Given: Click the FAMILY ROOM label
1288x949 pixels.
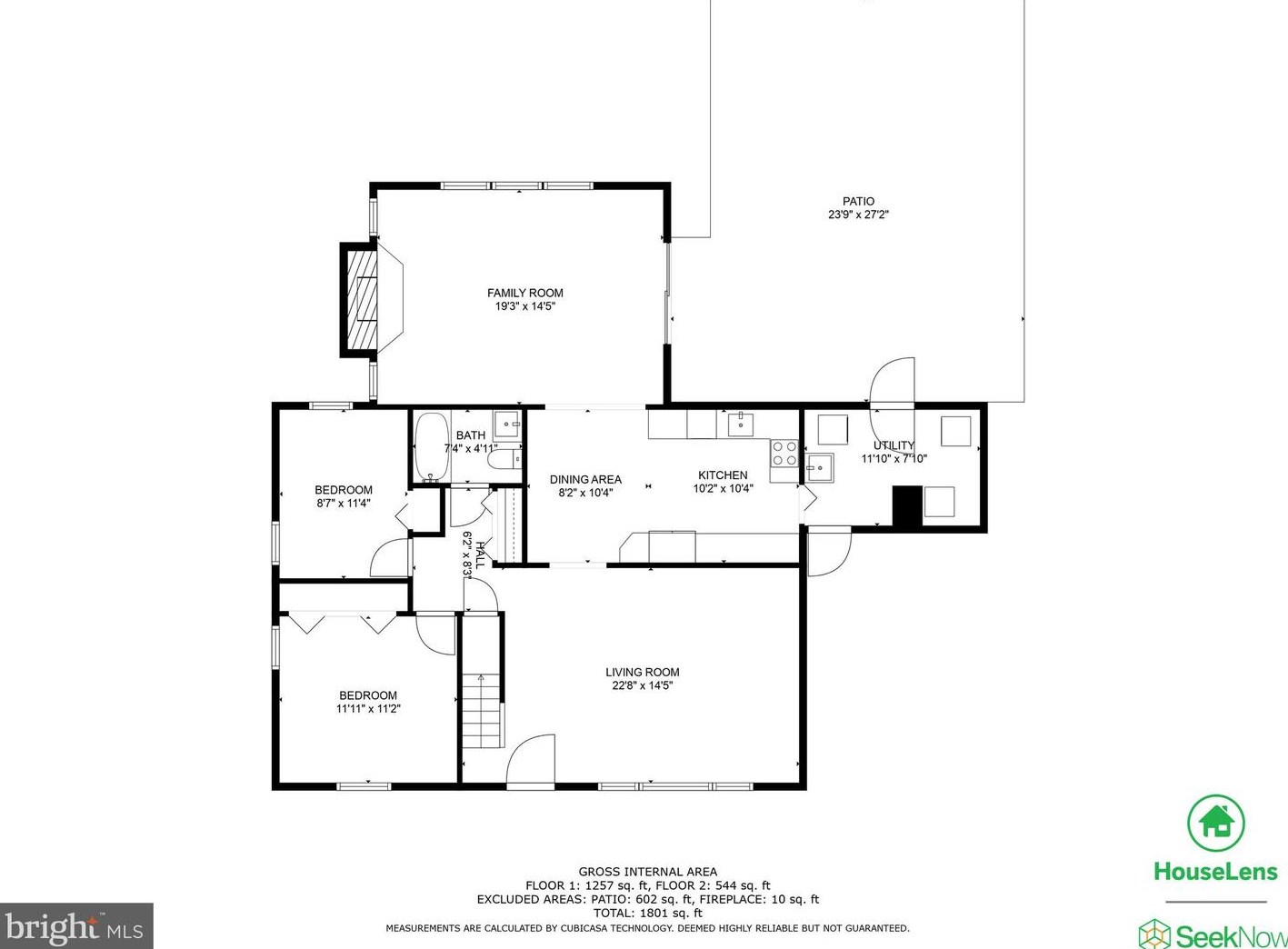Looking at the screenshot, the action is tap(525, 293).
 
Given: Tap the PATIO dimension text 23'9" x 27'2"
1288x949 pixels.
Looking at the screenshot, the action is tap(858, 215).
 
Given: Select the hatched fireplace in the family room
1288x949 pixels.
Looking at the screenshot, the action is tap(361, 300).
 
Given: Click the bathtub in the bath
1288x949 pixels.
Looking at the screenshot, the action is tap(432, 447).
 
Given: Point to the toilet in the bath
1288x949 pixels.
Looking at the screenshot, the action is tap(504, 460).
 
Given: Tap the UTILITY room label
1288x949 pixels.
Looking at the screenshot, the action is tap(894, 445).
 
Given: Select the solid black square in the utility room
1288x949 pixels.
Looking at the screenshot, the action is tap(907, 506).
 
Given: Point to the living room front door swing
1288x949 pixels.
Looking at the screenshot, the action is tap(530, 759).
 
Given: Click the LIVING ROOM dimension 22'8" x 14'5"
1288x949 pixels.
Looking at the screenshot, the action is tap(643, 685).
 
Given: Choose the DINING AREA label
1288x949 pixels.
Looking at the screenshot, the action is tap(585, 479).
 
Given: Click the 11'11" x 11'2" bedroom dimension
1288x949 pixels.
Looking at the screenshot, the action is tap(368, 709).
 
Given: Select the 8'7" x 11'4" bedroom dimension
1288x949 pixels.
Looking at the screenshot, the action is tap(344, 504).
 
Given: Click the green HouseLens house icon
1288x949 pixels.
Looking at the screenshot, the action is tap(1217, 824).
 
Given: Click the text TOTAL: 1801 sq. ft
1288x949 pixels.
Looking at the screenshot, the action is tap(648, 913).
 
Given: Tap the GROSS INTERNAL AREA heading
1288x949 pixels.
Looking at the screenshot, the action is tap(648, 872).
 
